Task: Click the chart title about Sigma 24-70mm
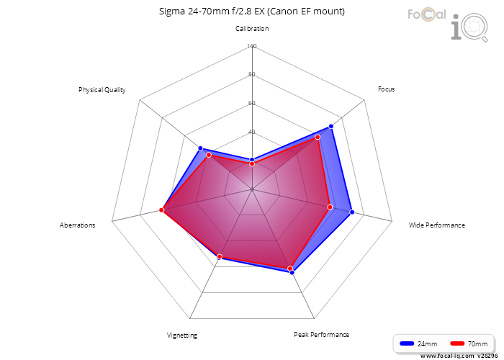[252, 12]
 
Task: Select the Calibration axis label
[252, 29]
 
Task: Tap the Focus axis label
[386, 89]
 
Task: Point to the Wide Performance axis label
[436, 225]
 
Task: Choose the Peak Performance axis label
[321, 335]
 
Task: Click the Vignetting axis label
[182, 336]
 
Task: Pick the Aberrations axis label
[78, 225]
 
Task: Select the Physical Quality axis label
[102, 90]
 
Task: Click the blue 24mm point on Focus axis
[331, 126]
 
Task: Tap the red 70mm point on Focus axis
[318, 138]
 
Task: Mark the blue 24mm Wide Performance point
[352, 212]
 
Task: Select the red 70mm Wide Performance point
[330, 207]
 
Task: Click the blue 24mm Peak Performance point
[292, 273]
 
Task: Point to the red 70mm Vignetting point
[220, 256]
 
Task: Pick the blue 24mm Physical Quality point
[200, 148]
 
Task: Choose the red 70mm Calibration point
[252, 164]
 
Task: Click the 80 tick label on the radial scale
[252, 74]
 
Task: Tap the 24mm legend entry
[418, 343]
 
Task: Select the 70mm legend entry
[469, 343]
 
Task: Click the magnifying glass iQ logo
[469, 27]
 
